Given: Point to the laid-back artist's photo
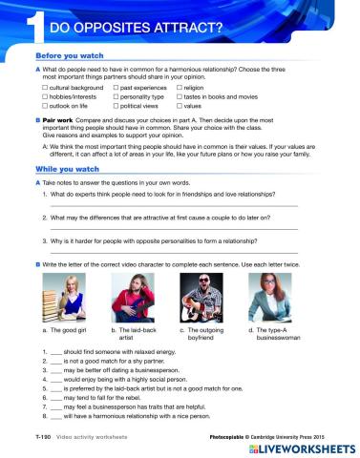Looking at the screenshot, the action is [140, 297].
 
